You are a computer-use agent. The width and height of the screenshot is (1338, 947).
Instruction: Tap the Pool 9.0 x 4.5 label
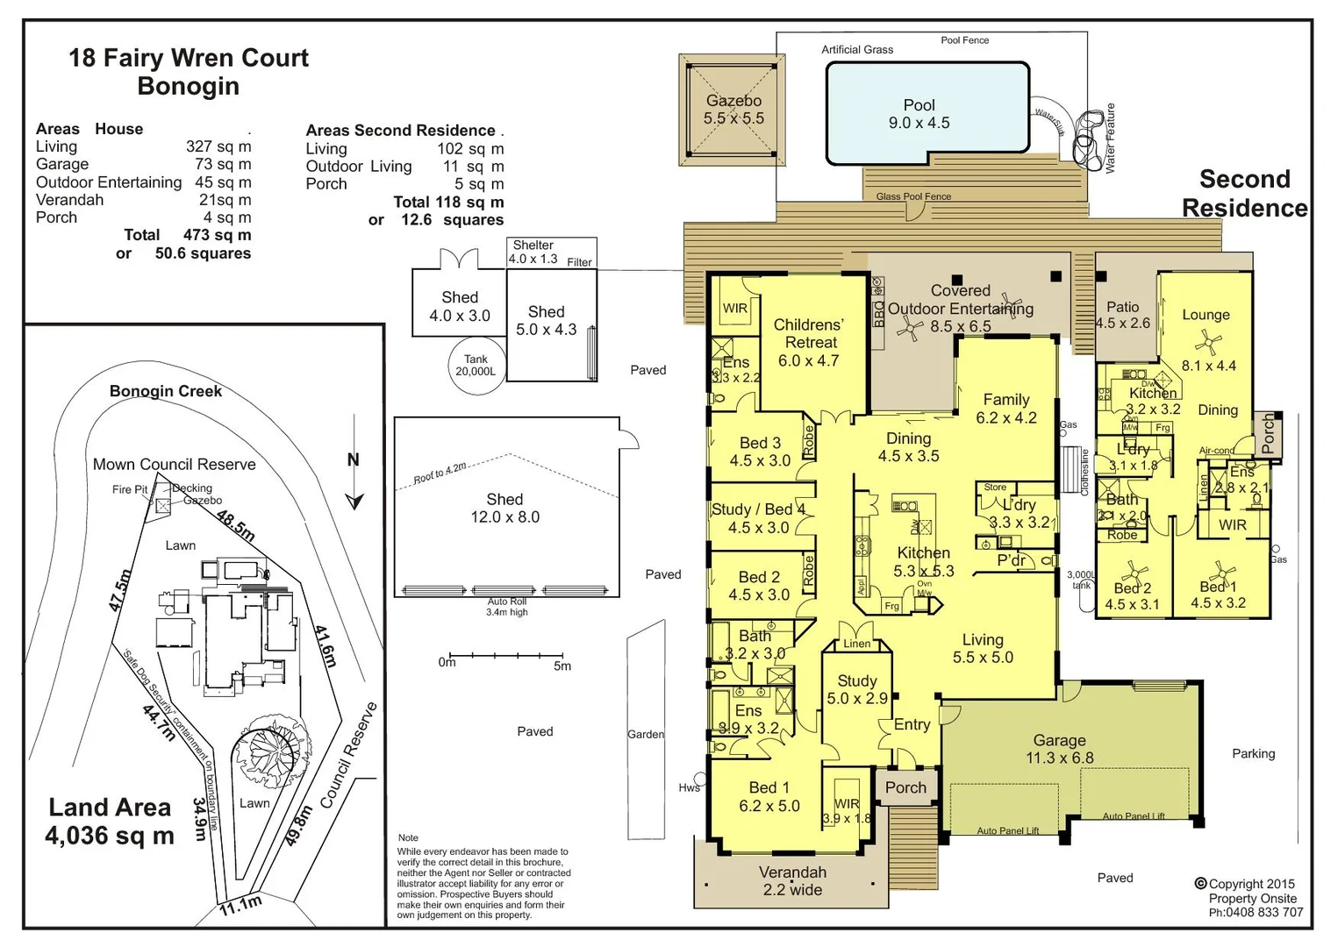pos(919,114)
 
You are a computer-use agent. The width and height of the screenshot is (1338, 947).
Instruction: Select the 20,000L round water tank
pos(476,366)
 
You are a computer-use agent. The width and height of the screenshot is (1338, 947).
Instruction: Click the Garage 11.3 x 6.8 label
pos(1059,749)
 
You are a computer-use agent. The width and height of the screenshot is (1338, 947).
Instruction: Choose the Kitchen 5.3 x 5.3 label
pos(923,561)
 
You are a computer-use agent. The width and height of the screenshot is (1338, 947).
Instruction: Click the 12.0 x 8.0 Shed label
pos(504,508)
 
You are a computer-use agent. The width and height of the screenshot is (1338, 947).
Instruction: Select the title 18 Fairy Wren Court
pos(189,58)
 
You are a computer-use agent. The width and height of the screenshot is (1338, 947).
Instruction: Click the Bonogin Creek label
pos(166,391)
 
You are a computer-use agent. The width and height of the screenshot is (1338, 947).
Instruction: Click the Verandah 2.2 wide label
pos(792,880)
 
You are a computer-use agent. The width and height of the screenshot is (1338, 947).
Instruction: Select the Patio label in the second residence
pos(1122,314)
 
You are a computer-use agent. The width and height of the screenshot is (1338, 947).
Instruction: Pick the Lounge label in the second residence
pos(1206,315)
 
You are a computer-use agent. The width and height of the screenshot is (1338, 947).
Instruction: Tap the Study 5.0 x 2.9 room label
pos(857,689)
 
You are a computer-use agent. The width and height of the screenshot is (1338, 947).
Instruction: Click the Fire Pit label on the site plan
pos(130,489)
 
